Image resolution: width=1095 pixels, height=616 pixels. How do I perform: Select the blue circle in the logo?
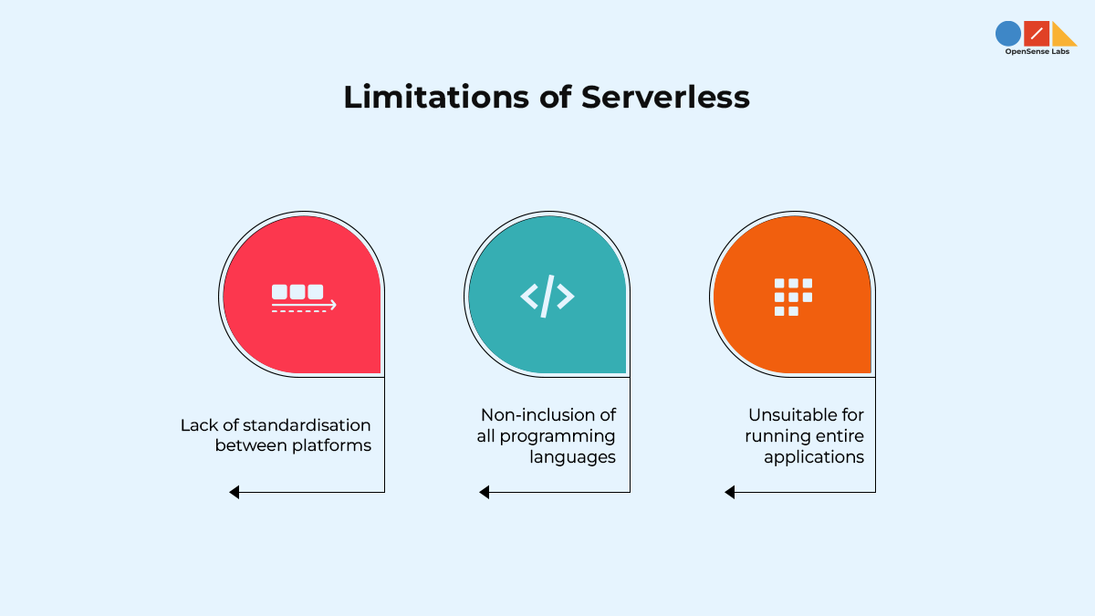1007,34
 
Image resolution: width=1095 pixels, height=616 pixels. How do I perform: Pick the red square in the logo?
1037,34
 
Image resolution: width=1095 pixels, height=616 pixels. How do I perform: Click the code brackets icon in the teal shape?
547,296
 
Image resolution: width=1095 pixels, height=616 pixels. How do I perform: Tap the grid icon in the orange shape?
793,297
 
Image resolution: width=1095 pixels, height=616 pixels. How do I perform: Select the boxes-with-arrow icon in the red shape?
303,298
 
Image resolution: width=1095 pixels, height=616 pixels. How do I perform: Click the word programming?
558,436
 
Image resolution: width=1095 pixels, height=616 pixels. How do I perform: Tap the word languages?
572,457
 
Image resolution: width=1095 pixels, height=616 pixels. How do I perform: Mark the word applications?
814,457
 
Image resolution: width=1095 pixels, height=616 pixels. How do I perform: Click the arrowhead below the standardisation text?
235,492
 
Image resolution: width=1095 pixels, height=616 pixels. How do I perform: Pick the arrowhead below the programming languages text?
485,492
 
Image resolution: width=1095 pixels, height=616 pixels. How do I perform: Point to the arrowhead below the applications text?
730,492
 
